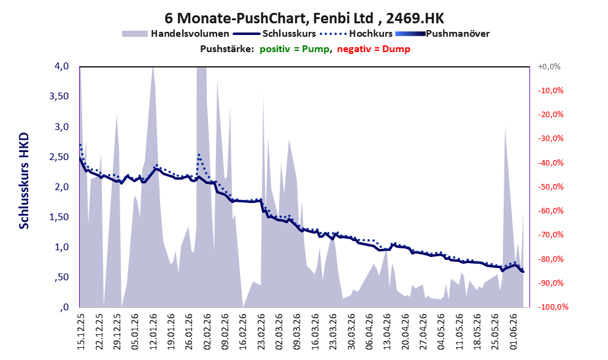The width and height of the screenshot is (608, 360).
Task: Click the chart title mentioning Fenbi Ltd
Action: tap(304, 18)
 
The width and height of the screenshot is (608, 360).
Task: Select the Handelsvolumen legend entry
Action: tap(175, 34)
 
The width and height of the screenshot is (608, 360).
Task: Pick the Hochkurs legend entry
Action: tap(356, 34)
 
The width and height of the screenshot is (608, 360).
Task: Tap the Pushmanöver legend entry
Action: tap(442, 34)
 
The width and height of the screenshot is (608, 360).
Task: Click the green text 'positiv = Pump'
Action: tap(294, 49)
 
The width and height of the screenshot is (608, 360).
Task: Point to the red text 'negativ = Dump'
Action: tap(374, 49)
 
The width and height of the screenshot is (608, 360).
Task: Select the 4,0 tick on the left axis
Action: tap(62, 66)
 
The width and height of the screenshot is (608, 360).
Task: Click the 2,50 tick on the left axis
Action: tap(59, 157)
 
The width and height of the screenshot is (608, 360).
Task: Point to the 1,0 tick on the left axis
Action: tap(62, 247)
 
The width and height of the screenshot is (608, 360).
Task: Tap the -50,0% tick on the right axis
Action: tap(550, 187)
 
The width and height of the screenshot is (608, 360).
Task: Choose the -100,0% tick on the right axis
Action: tap(553, 307)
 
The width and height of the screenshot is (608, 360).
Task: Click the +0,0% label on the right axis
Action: tap(549, 67)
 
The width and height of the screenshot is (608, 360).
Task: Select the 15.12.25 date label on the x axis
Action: tap(81, 332)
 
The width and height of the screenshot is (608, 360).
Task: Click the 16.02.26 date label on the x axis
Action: tap(243, 332)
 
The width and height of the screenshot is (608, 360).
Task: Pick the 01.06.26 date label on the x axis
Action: tap(514, 332)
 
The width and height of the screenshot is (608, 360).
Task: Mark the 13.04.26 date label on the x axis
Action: tap(388, 332)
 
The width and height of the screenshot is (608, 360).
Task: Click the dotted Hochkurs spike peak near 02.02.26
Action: tap(199, 155)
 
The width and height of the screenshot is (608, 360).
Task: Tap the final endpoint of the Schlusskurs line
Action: tap(523, 272)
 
